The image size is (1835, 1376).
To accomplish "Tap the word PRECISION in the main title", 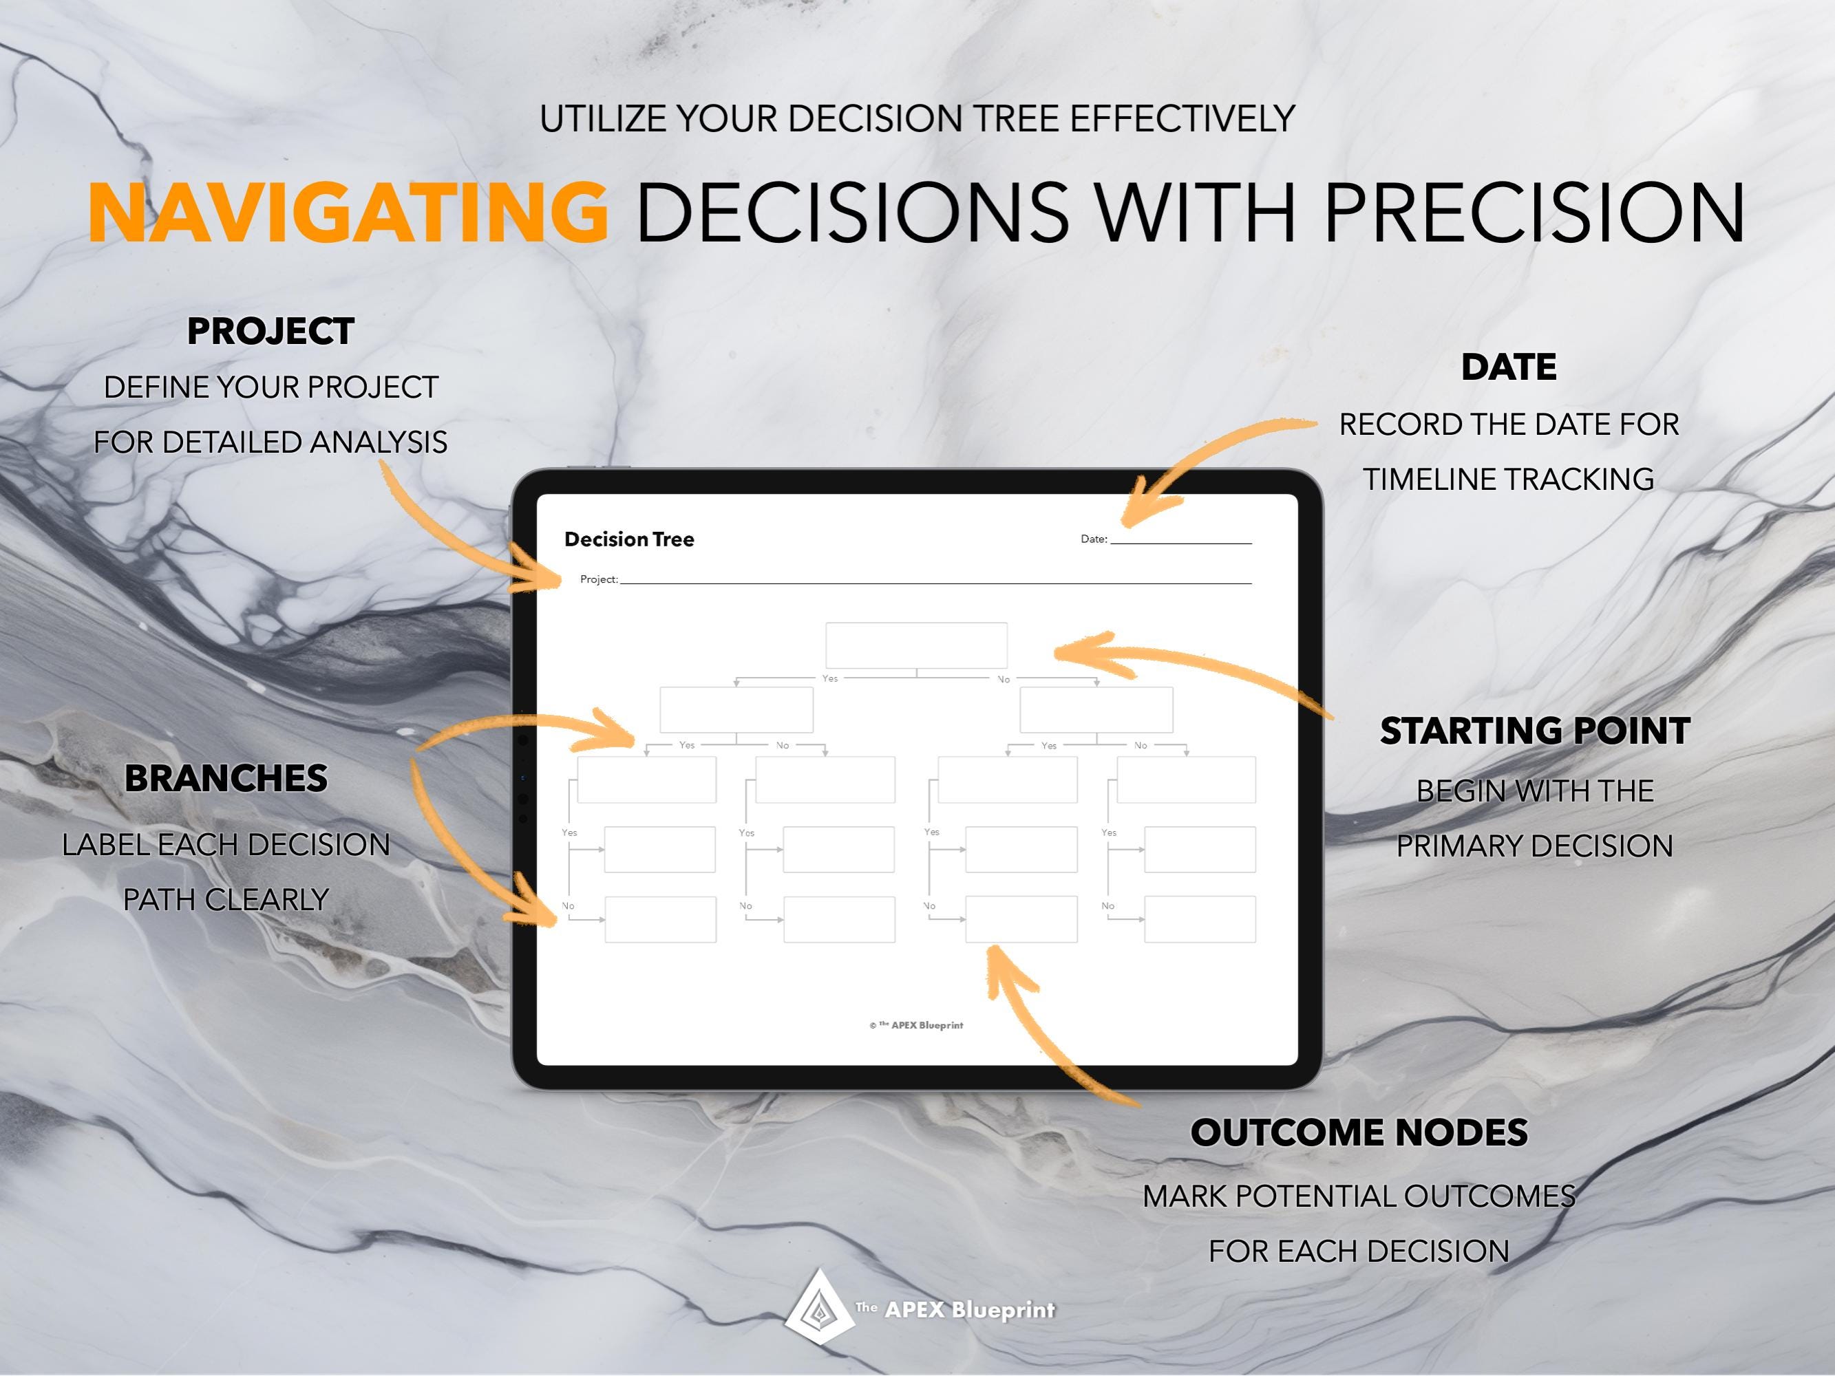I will pyautogui.click(x=1535, y=213).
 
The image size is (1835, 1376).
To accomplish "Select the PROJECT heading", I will pyautogui.click(x=271, y=331).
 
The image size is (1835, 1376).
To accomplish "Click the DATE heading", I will pyautogui.click(x=1508, y=367).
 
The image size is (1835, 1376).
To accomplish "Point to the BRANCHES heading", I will pyautogui.click(x=226, y=778).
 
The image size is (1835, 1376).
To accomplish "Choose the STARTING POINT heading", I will pyautogui.click(x=1535, y=731).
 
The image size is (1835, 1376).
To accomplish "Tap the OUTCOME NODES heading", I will pyautogui.click(x=1359, y=1132).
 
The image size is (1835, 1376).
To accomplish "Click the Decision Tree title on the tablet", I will pyautogui.click(x=629, y=539).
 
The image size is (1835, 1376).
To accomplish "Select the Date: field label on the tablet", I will pyautogui.click(x=1094, y=539).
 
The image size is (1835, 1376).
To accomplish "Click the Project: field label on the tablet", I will pyautogui.click(x=598, y=579).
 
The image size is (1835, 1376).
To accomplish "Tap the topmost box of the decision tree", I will pyautogui.click(x=916, y=645).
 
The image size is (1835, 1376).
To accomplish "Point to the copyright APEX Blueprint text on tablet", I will pyautogui.click(x=917, y=1025).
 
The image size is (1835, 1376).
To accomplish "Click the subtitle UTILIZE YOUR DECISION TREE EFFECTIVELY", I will pyautogui.click(x=917, y=118).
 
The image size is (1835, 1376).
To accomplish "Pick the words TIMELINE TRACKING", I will pyautogui.click(x=1508, y=480).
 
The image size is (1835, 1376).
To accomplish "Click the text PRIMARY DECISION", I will pyautogui.click(x=1535, y=846).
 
